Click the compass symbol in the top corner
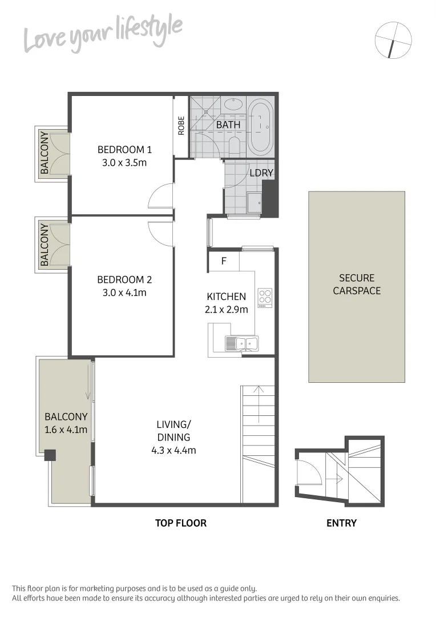tap(393, 40)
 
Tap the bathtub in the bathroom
tap(261, 126)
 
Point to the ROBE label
tap(181, 126)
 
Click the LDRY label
tap(261, 173)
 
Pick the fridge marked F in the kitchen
tap(223, 263)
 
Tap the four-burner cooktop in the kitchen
tap(265, 298)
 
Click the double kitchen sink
tap(241, 343)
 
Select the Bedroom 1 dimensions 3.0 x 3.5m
tap(124, 162)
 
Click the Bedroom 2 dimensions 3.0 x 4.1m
tap(124, 293)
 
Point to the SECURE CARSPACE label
tap(357, 285)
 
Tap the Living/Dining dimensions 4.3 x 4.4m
tap(173, 450)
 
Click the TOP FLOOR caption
tap(181, 523)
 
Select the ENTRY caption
tap(341, 523)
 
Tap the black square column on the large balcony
tap(50, 455)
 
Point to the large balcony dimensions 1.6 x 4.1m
tap(66, 430)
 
